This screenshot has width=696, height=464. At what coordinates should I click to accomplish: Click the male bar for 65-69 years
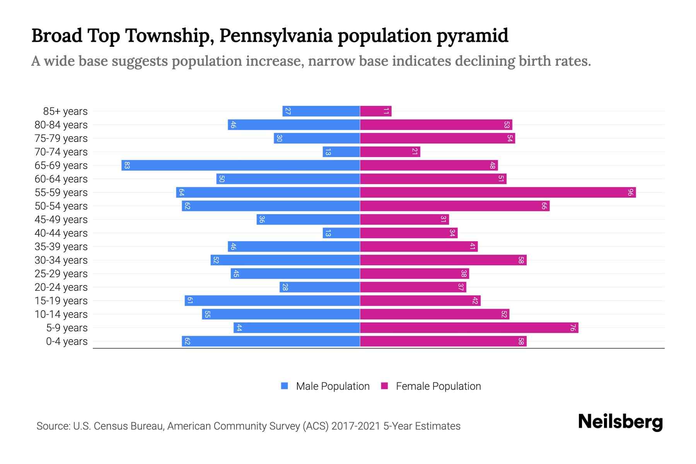(x=241, y=165)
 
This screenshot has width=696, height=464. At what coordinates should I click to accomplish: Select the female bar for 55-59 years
(x=498, y=193)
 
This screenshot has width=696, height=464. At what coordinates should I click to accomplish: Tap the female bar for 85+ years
(x=375, y=111)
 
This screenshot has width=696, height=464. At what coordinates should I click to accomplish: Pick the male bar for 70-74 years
(x=341, y=152)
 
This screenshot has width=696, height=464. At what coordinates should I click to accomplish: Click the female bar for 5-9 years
(x=469, y=328)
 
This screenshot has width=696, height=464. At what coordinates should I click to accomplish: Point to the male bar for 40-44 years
(x=341, y=233)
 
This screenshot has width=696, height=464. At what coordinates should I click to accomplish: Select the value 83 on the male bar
(x=127, y=165)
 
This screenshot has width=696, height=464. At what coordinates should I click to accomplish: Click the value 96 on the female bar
(x=630, y=193)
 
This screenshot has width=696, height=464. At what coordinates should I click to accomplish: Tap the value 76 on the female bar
(x=573, y=328)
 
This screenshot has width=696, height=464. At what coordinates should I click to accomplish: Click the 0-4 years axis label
(x=67, y=341)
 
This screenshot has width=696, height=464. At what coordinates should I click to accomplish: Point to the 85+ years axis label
(x=65, y=111)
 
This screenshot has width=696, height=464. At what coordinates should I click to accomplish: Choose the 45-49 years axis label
(x=61, y=220)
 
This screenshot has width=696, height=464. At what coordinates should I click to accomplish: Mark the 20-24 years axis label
(x=61, y=287)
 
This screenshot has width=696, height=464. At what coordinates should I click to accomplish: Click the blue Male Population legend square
(x=285, y=386)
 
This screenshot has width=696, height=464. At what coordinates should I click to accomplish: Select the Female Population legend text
(x=438, y=386)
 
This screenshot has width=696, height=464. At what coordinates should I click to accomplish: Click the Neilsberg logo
(x=620, y=422)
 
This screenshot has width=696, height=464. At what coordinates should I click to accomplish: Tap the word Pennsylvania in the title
(x=276, y=36)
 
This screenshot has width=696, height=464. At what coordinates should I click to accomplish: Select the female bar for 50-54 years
(x=455, y=206)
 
